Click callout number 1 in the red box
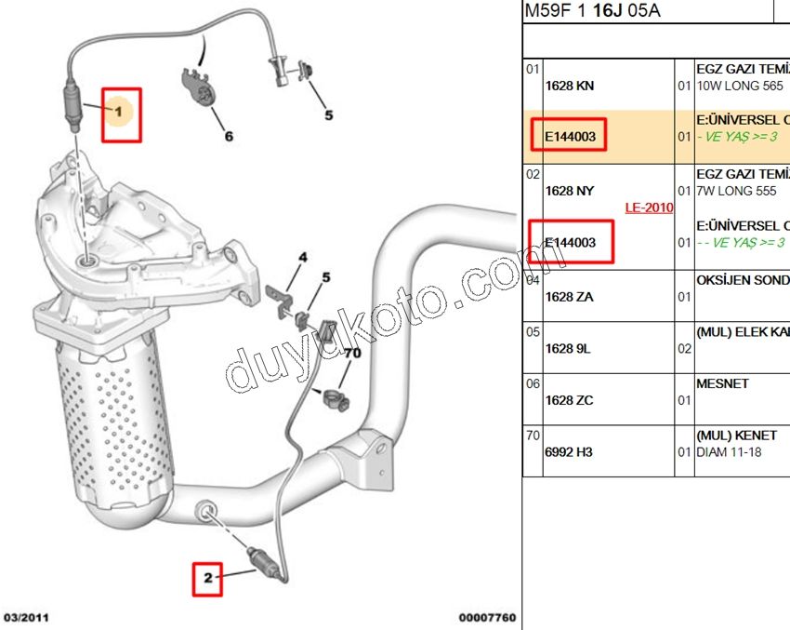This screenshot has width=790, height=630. pyautogui.click(x=119, y=112)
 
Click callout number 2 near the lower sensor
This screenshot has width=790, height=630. pyautogui.click(x=208, y=578)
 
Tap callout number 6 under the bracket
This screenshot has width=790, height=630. pyautogui.click(x=229, y=137)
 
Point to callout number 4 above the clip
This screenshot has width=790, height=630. pyautogui.click(x=302, y=256)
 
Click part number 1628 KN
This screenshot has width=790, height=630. pyautogui.click(x=570, y=86)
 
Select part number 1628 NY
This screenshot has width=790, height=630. pyautogui.click(x=570, y=191)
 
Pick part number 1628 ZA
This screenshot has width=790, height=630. pyautogui.click(x=570, y=296)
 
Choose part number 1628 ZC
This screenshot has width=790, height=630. pyautogui.click(x=570, y=400)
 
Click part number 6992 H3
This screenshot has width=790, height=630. pyautogui.click(x=569, y=452)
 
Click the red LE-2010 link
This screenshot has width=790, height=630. pyautogui.click(x=649, y=208)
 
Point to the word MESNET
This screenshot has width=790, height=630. pyautogui.click(x=722, y=382)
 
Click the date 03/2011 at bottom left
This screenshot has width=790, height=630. pyautogui.click(x=27, y=617)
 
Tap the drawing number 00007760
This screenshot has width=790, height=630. pyautogui.click(x=486, y=617)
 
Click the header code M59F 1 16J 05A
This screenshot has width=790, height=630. pyautogui.click(x=593, y=11)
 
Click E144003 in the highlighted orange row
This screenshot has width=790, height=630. pyautogui.click(x=570, y=138)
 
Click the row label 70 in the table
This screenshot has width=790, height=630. pyautogui.click(x=533, y=435)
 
